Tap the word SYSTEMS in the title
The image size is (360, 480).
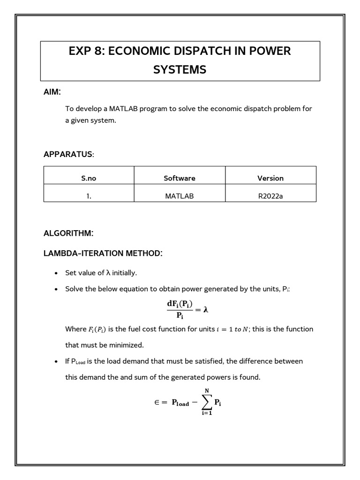pyautogui.click(x=180, y=70)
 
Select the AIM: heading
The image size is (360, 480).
pyautogui.click(x=52, y=92)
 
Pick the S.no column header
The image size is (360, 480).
pyautogui.click(x=89, y=178)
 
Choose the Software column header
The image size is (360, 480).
pyautogui.click(x=180, y=178)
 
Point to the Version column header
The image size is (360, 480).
pyautogui.click(x=270, y=178)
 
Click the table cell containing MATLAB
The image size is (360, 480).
pyautogui.click(x=180, y=196)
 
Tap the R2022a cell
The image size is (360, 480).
pyautogui.click(x=270, y=196)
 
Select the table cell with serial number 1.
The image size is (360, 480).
pyautogui.click(x=89, y=196)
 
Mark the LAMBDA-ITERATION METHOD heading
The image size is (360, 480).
pyautogui.click(x=103, y=254)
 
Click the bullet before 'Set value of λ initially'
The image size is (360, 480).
pyautogui.click(x=56, y=273)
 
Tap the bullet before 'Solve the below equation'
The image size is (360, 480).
pyautogui.click(x=56, y=290)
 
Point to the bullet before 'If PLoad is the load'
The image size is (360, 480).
pyautogui.click(x=56, y=362)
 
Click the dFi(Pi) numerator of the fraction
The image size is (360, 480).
pyautogui.click(x=180, y=304)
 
